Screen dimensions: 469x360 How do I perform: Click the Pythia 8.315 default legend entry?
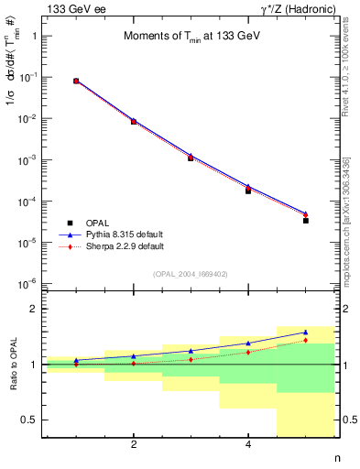[x=124, y=234]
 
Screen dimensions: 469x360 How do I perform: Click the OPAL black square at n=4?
[x=248, y=191]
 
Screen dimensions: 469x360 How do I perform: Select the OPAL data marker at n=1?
[x=76, y=82]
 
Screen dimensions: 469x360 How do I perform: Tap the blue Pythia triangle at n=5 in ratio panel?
[x=306, y=333]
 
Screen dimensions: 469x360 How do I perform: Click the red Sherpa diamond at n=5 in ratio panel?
[x=306, y=341]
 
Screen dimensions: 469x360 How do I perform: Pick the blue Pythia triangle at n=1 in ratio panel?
[x=76, y=360]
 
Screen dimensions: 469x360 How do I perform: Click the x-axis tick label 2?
[x=134, y=445]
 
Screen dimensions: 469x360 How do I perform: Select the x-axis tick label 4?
[x=248, y=445]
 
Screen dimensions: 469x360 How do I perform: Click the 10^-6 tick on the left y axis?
[x=30, y=284]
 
